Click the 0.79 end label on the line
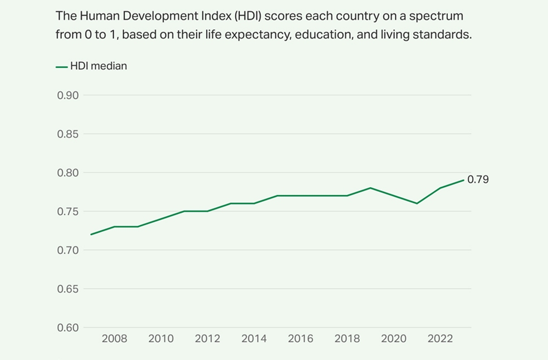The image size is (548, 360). [478, 180]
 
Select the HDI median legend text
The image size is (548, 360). [99, 66]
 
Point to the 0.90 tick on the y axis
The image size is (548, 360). [68, 95]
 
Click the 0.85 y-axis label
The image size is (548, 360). [68, 134]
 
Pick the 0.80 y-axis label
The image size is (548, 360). [68, 173]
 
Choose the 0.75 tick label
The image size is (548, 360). [68, 212]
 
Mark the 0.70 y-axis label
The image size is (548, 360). [68, 250]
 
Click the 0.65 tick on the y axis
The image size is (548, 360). [68, 289]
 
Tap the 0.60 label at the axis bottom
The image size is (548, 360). [68, 328]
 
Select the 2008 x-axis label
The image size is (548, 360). [114, 339]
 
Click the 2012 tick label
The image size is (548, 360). [208, 339]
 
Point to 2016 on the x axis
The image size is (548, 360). [301, 339]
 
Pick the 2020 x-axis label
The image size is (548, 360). [394, 339]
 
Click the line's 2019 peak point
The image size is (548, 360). [370, 188]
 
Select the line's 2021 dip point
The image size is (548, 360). [417, 203]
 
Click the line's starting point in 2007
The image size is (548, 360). [91, 234]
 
